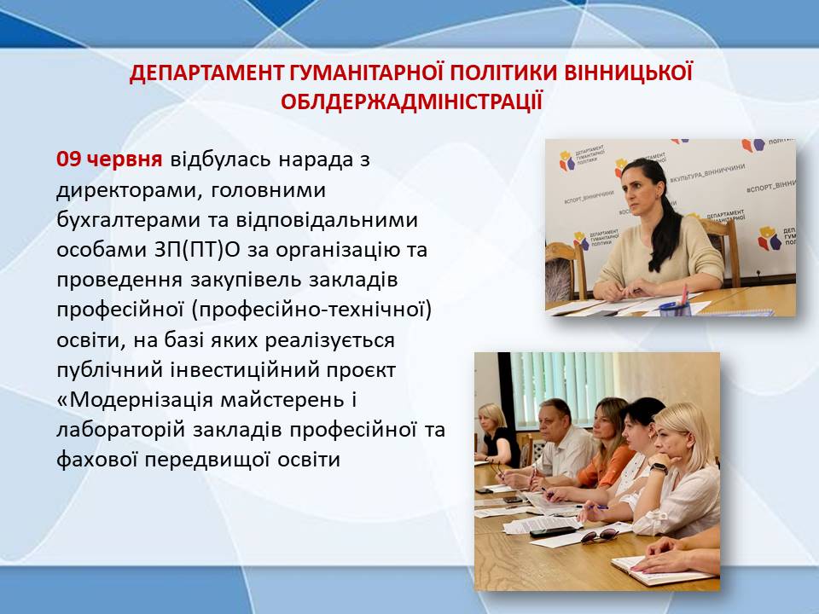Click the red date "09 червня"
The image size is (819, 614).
coord(109,159)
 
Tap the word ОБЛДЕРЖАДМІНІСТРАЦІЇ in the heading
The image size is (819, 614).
coord(411,101)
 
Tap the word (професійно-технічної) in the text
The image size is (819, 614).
coord(312,310)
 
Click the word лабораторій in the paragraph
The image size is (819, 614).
coord(120,430)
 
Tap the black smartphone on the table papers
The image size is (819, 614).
coord(553,532)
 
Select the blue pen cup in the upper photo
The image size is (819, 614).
coord(675,308)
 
